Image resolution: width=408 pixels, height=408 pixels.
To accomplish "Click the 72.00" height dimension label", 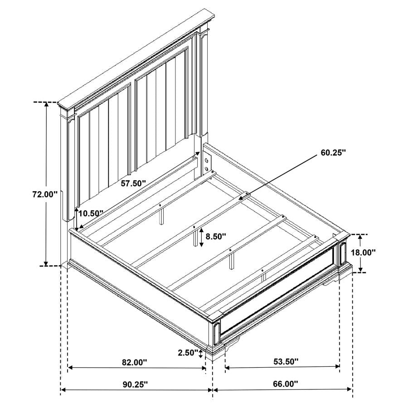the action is (x=44, y=194).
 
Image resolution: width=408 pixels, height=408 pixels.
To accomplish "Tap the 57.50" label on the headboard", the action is (x=133, y=184).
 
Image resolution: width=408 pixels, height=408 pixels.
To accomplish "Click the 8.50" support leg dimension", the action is (x=215, y=236).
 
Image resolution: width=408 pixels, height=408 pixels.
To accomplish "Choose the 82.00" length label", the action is (x=135, y=362).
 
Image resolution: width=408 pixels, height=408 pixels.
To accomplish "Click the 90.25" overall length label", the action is (x=135, y=384).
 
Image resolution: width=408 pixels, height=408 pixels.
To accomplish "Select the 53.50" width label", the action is (x=286, y=361).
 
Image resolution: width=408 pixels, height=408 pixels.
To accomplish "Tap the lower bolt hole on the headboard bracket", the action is (x=206, y=169).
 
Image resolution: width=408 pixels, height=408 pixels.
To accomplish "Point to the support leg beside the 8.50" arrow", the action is (x=195, y=236).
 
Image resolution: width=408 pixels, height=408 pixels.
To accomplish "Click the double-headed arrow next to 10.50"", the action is (x=77, y=219).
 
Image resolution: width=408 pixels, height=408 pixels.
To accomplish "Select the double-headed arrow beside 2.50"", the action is (x=201, y=353).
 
